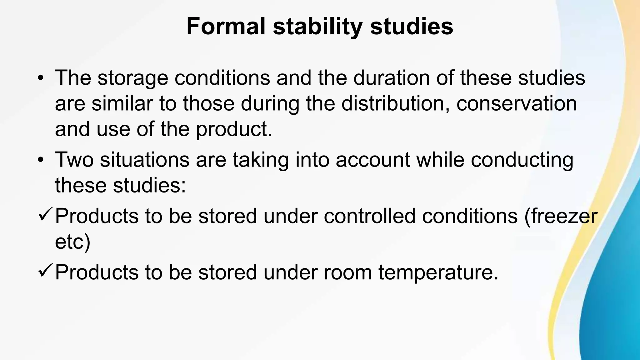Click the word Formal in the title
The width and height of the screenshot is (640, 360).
coord(226,26)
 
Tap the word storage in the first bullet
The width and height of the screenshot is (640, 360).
coord(132,78)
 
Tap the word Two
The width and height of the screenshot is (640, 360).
coord(74,160)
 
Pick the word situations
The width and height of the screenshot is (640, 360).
coord(145,160)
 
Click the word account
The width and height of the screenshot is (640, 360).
coord(373,160)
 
